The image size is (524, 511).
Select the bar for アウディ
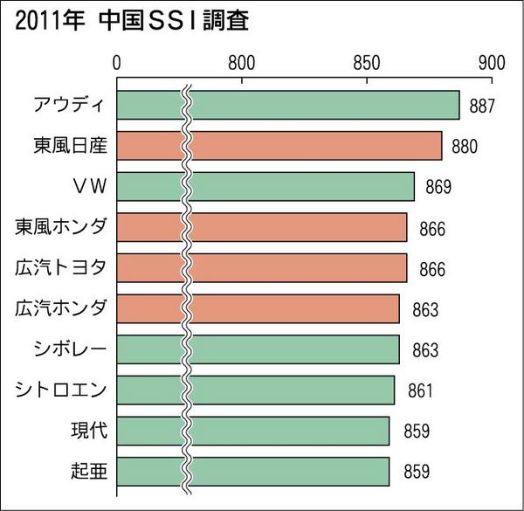tap(288, 105)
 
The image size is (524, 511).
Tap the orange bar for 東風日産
tap(279, 146)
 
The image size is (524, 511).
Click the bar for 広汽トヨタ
tap(262, 268)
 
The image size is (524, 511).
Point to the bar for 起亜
tap(253, 472)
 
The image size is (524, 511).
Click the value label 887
tap(482, 106)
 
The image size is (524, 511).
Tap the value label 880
tap(464, 146)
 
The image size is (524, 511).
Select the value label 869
tap(438, 187)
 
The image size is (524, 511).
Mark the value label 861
tap(419, 390)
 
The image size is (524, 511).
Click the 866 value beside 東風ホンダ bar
tap(431, 228)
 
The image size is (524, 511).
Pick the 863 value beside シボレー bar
tap(424, 350)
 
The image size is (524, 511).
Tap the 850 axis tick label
tap(366, 63)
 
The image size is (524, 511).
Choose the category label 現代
tap(88, 431)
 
